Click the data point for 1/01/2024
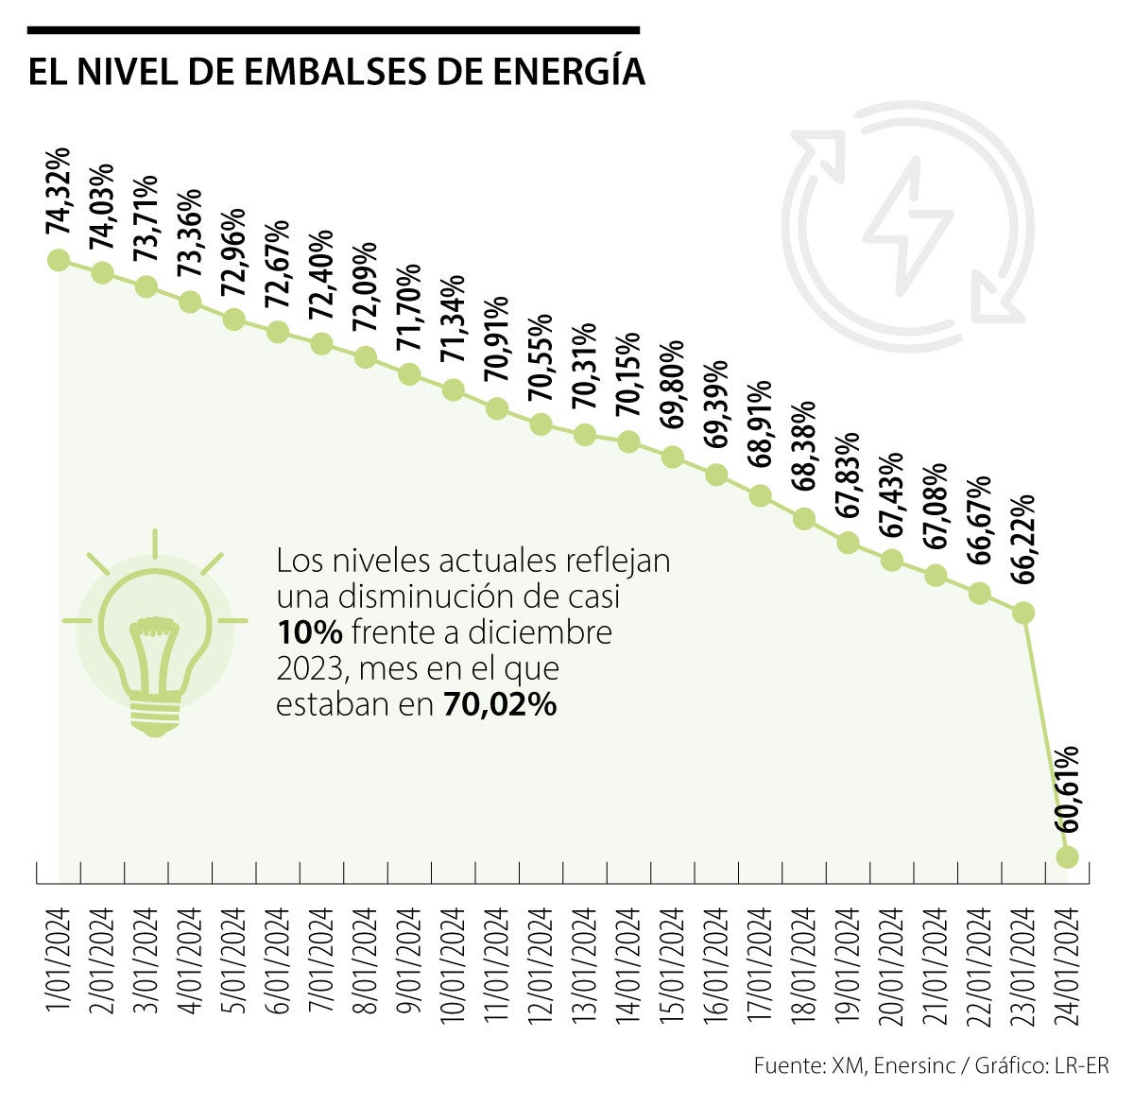59,260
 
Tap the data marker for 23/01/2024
1023,613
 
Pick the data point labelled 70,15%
628,441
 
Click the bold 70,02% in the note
499,704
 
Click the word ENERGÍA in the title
564,73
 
